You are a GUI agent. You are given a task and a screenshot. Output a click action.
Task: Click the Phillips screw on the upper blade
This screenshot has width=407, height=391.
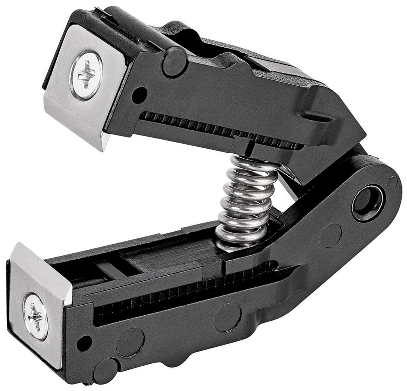click(x=86, y=75)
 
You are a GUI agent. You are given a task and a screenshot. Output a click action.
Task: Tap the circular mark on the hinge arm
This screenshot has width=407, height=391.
click(x=330, y=235)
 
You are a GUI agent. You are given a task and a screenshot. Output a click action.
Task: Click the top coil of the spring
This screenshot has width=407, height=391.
click(x=254, y=162)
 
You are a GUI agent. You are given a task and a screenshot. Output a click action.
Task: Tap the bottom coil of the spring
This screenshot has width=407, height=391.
click(x=239, y=244)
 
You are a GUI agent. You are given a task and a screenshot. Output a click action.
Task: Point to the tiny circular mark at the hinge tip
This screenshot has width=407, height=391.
click(x=392, y=182)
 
